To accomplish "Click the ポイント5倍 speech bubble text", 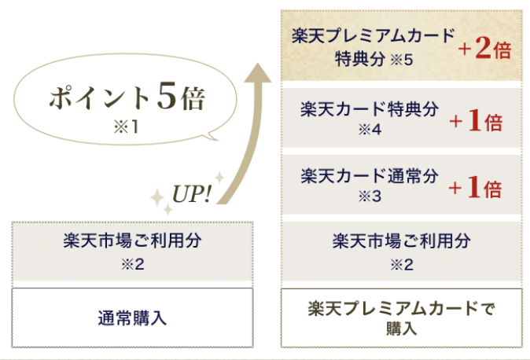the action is [127, 97].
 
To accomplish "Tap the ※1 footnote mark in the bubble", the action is [126, 127].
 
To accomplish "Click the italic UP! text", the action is [191, 194].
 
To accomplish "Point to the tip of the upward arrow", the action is [258, 63].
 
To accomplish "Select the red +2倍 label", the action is [484, 48].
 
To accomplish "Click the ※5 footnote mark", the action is [402, 60].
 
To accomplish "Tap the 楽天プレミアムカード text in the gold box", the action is [374, 36].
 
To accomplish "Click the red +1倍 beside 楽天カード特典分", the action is [476, 121].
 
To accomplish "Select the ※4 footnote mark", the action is [370, 129].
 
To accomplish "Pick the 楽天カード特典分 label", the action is [370, 109].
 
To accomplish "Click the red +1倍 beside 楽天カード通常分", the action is [475, 188].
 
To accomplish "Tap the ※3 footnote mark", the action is [370, 196].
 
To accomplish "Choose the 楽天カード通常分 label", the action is [370, 176].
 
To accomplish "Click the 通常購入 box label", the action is [132, 318].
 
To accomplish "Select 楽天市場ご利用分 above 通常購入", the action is [132, 241].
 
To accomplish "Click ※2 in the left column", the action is [133, 264].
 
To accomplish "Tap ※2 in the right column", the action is [402, 264].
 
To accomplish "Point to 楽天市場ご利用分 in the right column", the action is [402, 241].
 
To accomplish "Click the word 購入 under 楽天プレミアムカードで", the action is [402, 329].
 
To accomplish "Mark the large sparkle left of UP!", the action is [157, 198].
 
